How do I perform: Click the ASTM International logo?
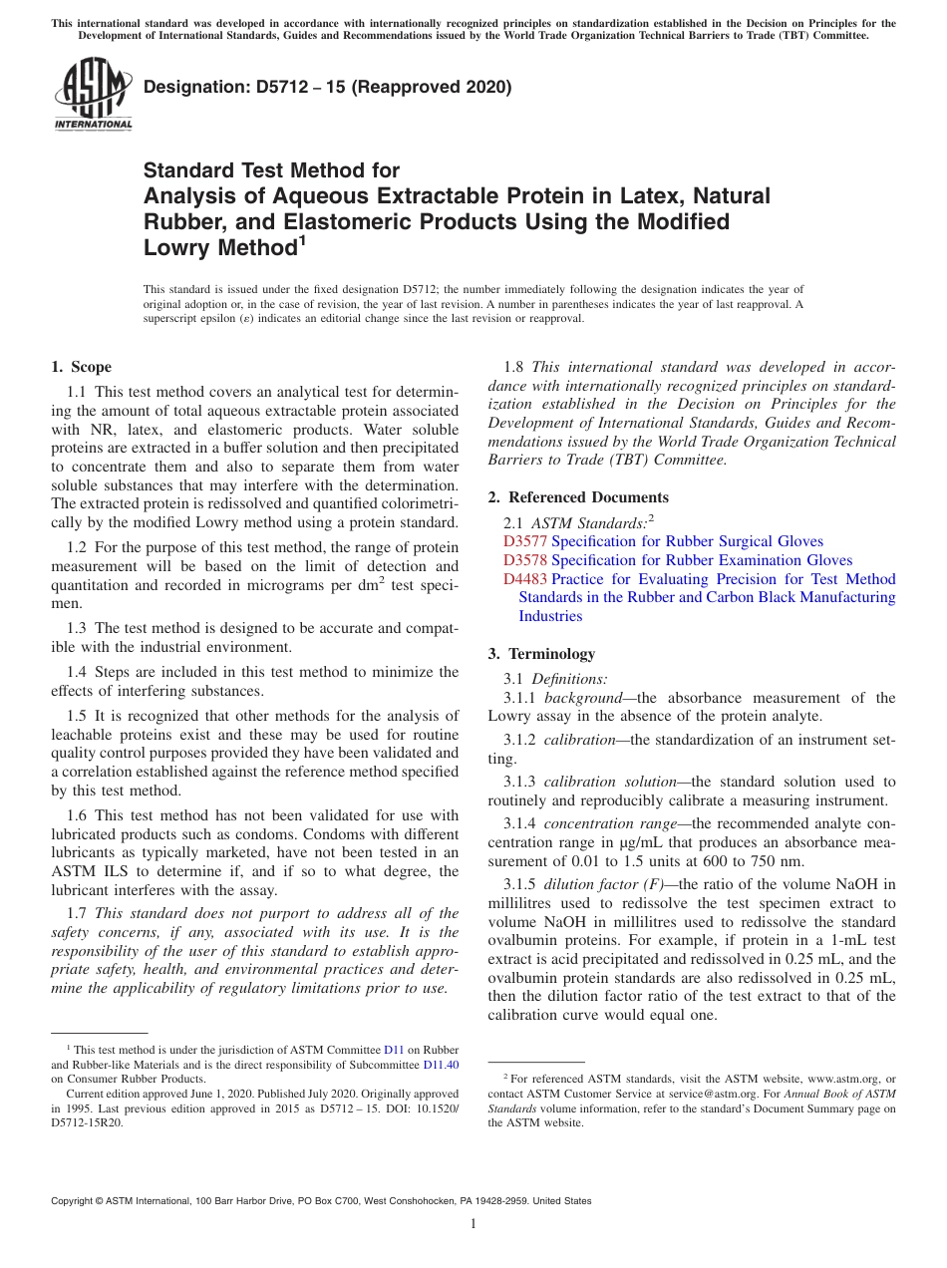click(93, 95)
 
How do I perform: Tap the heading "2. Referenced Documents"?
click(578, 497)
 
